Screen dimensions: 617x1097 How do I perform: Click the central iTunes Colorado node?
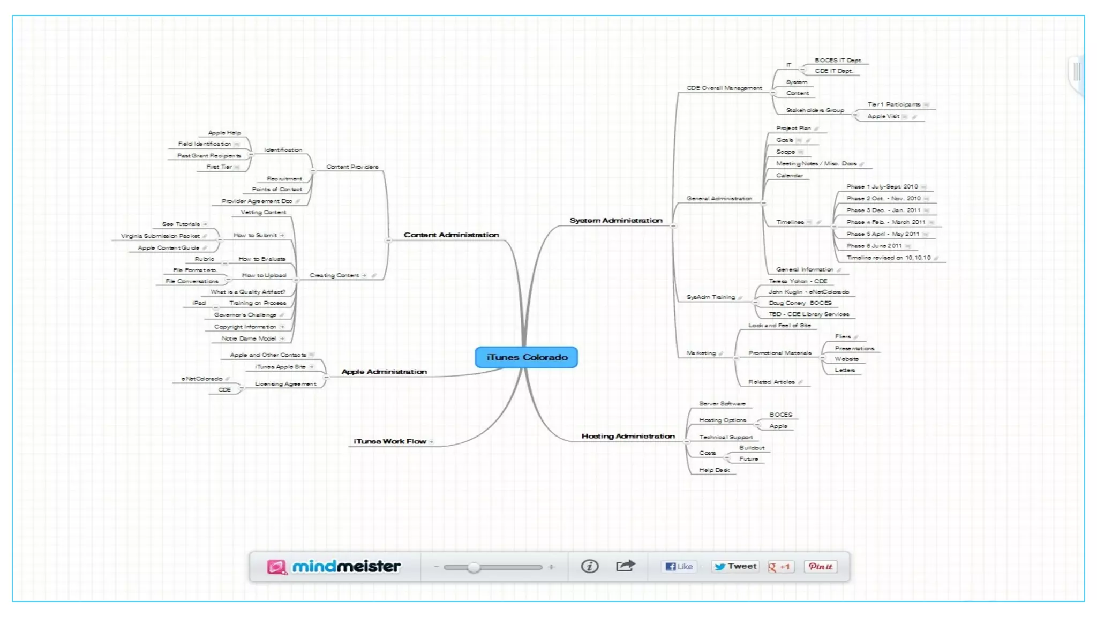pyautogui.click(x=526, y=357)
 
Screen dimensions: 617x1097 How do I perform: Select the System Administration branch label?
pyautogui.click(x=615, y=221)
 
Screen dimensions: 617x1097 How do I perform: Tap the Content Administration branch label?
pyautogui.click(x=451, y=235)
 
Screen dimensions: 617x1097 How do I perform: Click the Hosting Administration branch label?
pyautogui.click(x=628, y=437)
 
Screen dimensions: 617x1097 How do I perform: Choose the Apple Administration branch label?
pyautogui.click(x=384, y=372)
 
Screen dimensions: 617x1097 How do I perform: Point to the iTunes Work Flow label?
pyautogui.click(x=389, y=442)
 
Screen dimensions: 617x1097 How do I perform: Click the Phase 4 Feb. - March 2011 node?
pyautogui.click(x=885, y=222)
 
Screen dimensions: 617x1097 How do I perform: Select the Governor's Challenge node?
pyautogui.click(x=245, y=315)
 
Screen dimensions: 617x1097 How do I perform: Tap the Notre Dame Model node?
pyautogui.click(x=249, y=338)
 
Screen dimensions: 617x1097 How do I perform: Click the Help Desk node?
pyautogui.click(x=714, y=470)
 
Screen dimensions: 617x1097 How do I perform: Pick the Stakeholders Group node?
pyautogui.click(x=815, y=110)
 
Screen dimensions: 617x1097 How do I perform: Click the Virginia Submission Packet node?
pyautogui.click(x=160, y=236)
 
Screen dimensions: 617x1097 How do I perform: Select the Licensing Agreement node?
pyautogui.click(x=285, y=384)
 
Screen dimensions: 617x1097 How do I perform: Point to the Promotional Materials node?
pyautogui.click(x=780, y=353)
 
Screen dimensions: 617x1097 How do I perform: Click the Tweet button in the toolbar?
pyautogui.click(x=735, y=567)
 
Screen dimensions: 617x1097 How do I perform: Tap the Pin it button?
pyautogui.click(x=820, y=567)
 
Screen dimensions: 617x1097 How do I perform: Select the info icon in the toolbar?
pyautogui.click(x=589, y=567)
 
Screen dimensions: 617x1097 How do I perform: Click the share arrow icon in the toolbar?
pyautogui.click(x=625, y=566)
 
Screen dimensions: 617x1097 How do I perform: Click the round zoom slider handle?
pyautogui.click(x=474, y=567)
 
